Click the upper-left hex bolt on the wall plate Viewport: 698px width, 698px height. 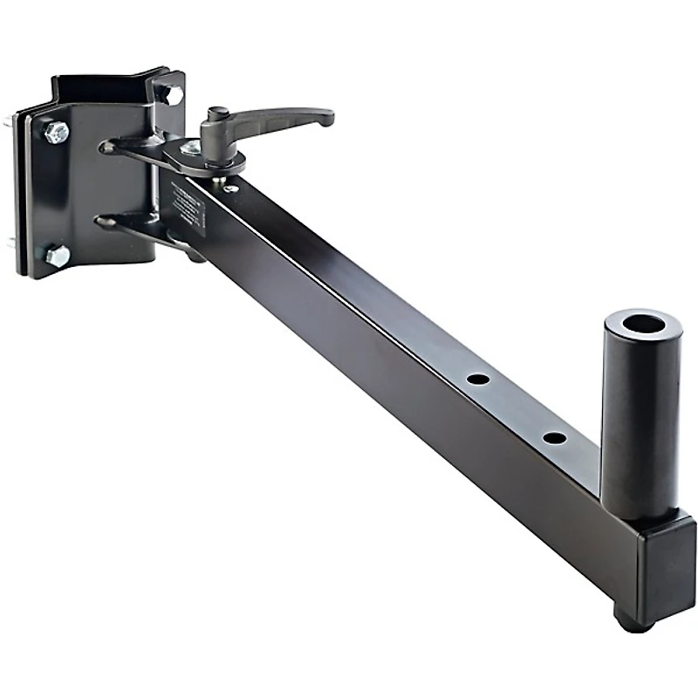click(56, 133)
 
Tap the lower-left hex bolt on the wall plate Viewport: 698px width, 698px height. click(57, 256)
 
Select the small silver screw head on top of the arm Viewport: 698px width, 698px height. click(231, 188)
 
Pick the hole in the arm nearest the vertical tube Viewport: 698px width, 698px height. click(553, 436)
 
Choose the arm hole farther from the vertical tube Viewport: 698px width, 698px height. click(477, 380)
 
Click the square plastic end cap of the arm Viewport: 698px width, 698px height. click(665, 566)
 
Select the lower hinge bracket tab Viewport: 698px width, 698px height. click(131, 223)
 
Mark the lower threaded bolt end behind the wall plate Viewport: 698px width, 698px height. click(9, 244)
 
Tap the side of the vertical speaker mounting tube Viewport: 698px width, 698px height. click(639, 419)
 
